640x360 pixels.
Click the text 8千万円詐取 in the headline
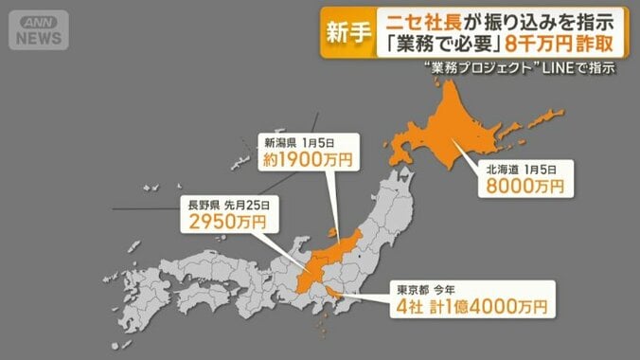[562, 45]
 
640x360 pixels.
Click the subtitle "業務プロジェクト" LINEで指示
[524, 69]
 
